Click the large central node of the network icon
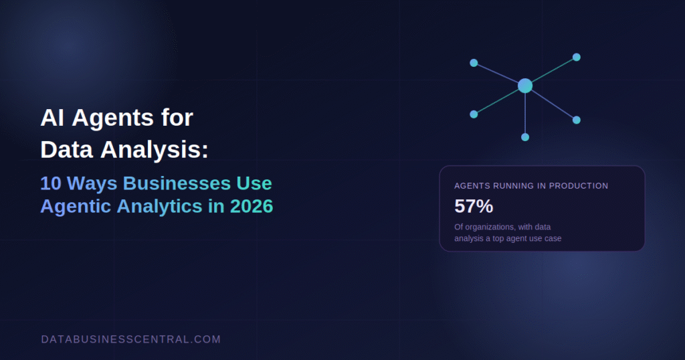525,86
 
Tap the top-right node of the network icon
577,57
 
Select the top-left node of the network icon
474,63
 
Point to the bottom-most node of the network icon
525,137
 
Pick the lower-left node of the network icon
474,114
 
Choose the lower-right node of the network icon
577,120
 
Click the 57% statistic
474,206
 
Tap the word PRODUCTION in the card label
579,185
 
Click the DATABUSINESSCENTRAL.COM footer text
131,339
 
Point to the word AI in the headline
52,118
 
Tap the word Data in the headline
66,149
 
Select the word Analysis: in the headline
155,151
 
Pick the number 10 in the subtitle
50,183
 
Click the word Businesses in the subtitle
177,183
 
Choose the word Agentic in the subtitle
76,207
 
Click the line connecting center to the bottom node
525,113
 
